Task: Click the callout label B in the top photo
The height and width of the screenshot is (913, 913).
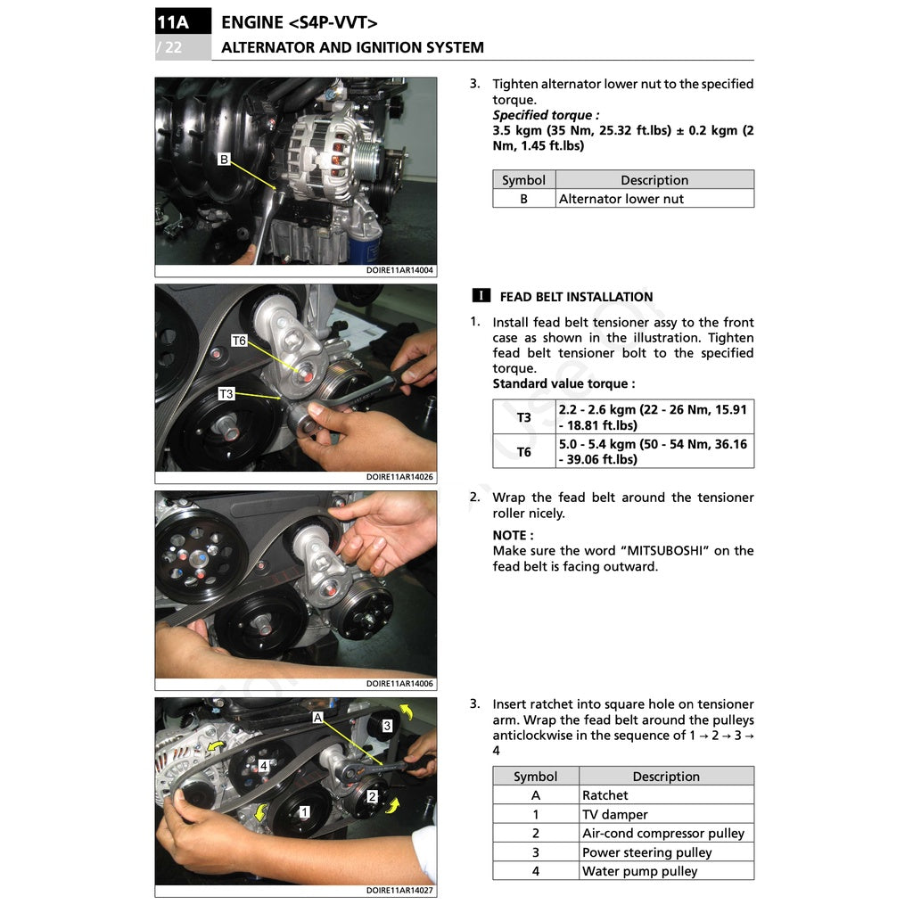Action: click(224, 160)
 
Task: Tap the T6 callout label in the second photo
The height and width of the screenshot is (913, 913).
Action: click(238, 341)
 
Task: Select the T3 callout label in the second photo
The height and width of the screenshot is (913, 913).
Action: click(226, 393)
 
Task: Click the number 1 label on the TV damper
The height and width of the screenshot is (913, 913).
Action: click(304, 812)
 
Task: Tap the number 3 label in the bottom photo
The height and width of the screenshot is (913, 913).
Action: click(386, 726)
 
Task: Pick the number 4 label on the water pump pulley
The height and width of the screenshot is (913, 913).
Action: click(264, 766)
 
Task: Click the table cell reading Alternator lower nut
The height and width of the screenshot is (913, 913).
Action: click(621, 199)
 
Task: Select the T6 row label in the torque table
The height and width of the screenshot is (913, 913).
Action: click(523, 452)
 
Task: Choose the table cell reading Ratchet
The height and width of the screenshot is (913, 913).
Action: click(605, 795)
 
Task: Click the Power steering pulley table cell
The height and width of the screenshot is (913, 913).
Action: click(646, 852)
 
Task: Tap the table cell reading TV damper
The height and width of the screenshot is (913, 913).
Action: click(614, 814)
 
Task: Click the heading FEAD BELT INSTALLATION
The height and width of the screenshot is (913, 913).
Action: click(576, 297)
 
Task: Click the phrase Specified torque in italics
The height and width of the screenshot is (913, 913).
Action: click(545, 115)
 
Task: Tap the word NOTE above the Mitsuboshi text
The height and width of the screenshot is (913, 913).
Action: click(512, 535)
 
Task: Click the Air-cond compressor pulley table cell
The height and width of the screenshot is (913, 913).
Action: click(662, 834)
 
